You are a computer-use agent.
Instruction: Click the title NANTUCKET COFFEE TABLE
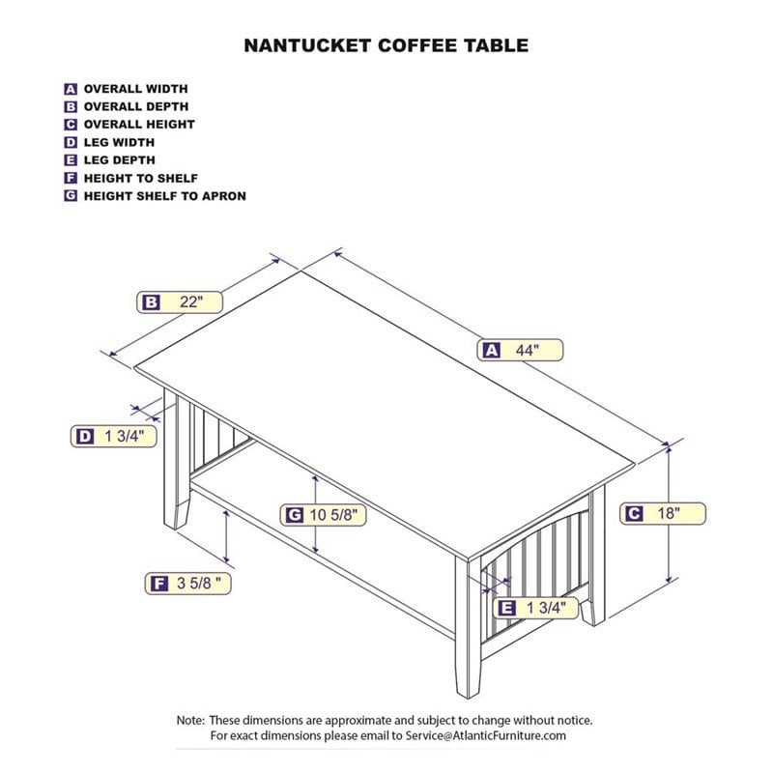[386, 44]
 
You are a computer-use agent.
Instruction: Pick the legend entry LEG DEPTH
[119, 160]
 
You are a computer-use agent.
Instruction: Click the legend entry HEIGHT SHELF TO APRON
[164, 196]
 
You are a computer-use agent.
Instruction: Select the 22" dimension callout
[180, 301]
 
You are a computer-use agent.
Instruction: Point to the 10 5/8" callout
[324, 515]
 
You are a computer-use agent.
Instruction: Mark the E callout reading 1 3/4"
[536, 608]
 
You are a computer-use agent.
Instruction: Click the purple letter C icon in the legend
[71, 125]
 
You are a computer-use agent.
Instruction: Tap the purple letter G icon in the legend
[71, 196]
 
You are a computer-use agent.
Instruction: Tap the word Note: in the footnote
[189, 721]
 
